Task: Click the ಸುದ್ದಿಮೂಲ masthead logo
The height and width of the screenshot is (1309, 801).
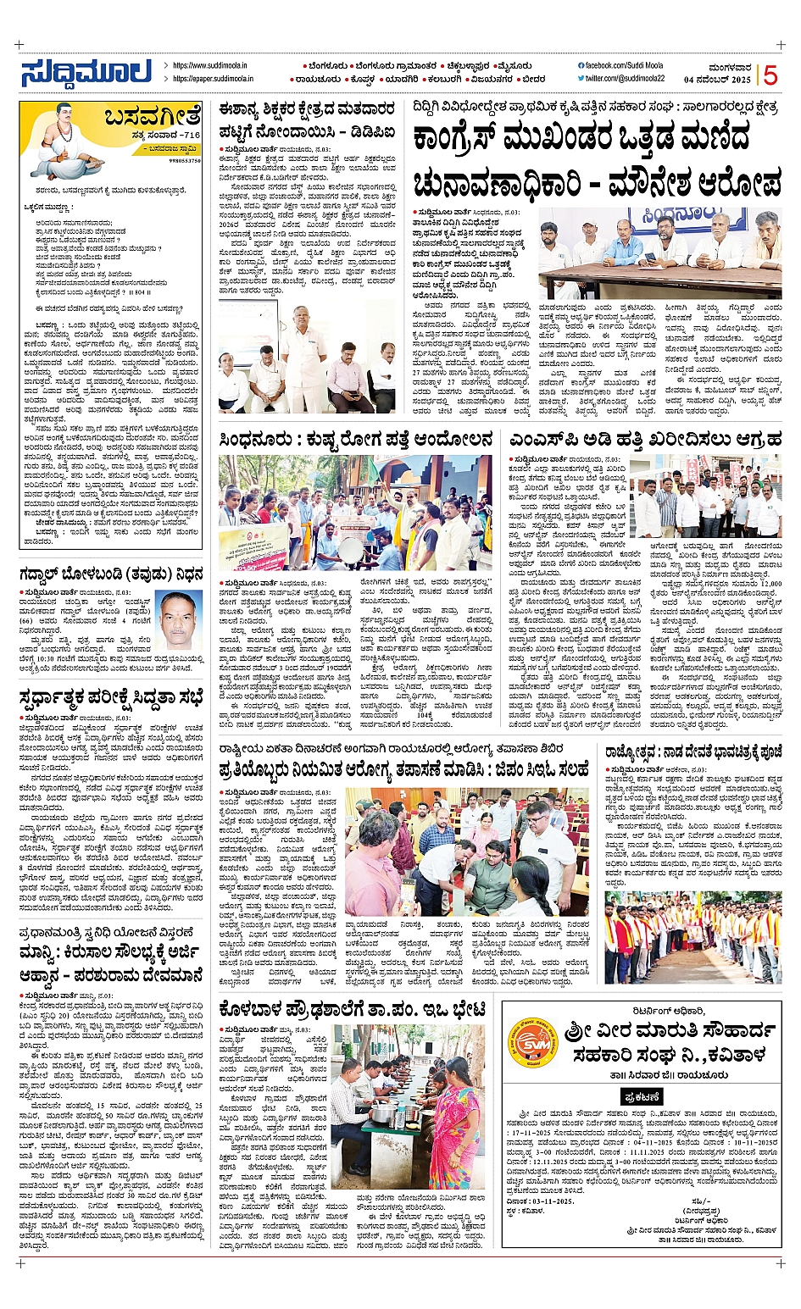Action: click(x=86, y=73)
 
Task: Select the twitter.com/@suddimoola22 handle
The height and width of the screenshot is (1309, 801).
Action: click(x=626, y=79)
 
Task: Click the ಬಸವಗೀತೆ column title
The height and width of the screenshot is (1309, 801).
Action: click(x=153, y=117)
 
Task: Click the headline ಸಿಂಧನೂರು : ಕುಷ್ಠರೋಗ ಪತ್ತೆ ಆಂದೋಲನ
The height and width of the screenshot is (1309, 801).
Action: click(x=355, y=439)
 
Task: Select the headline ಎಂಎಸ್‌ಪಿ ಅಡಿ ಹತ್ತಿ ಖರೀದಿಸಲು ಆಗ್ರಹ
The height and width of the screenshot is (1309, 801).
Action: click(x=644, y=439)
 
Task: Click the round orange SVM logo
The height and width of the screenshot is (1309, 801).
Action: click(x=531, y=1041)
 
